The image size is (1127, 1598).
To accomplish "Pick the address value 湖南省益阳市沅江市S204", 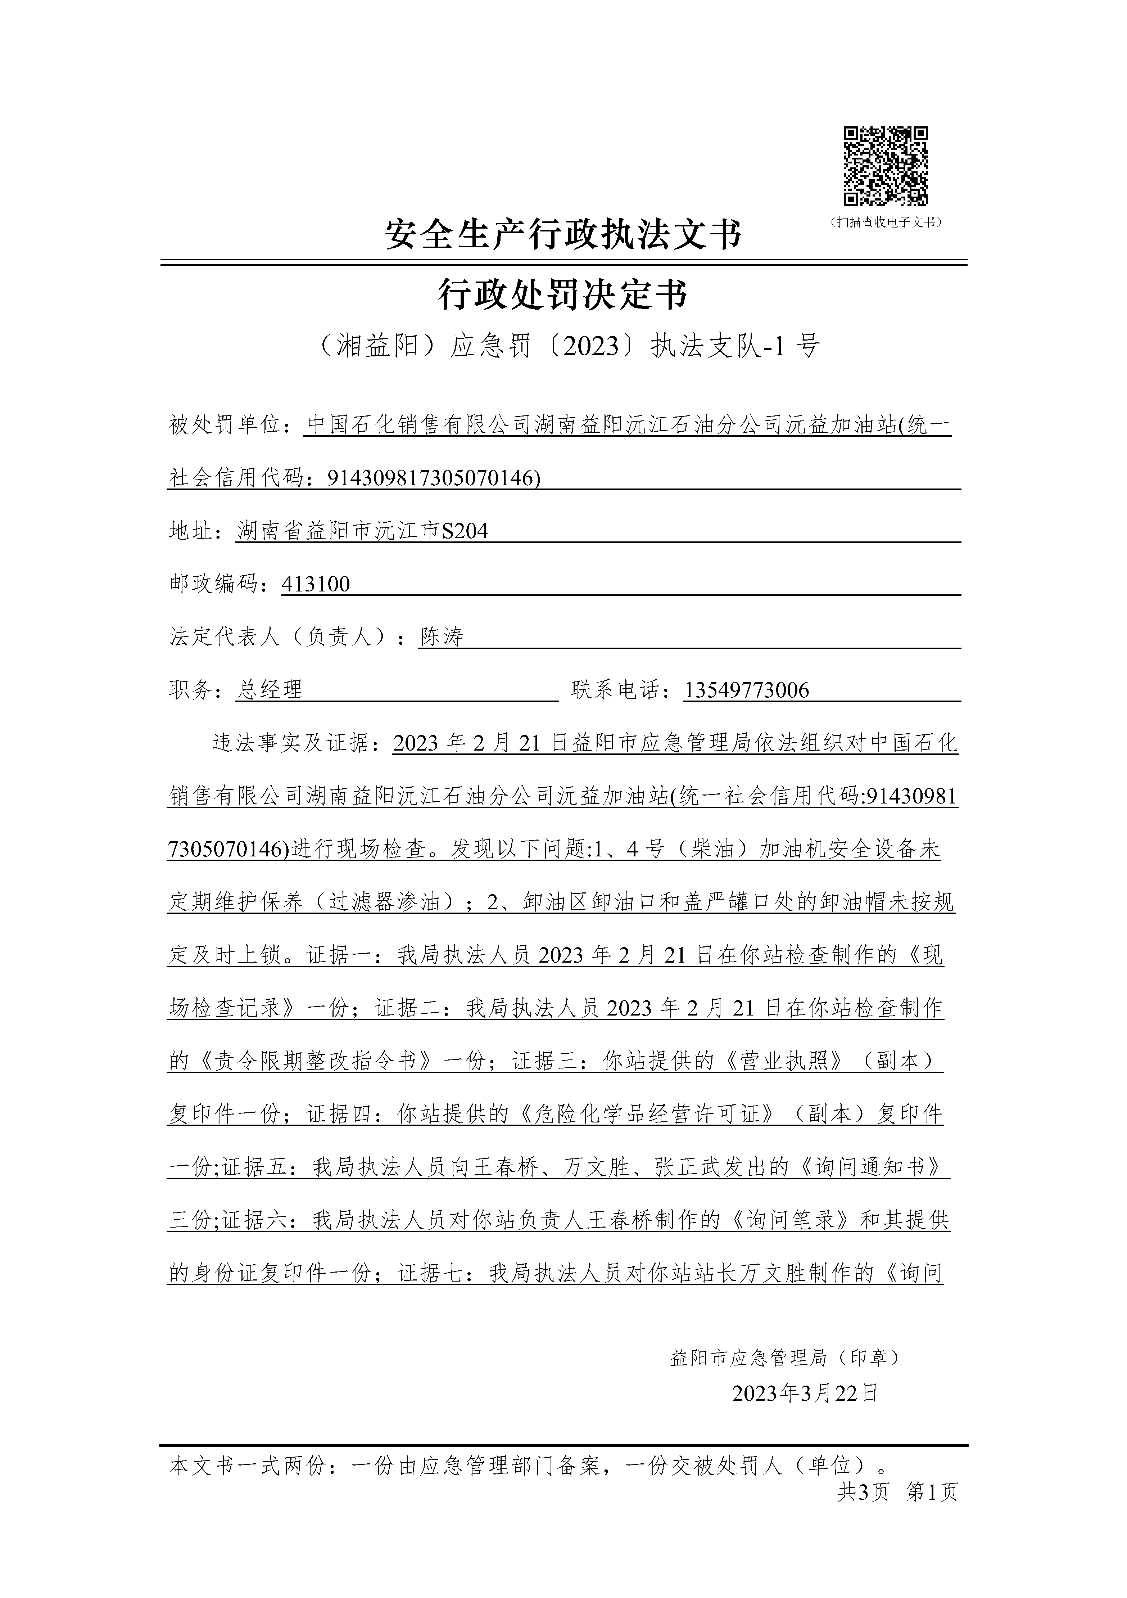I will [x=362, y=531].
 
